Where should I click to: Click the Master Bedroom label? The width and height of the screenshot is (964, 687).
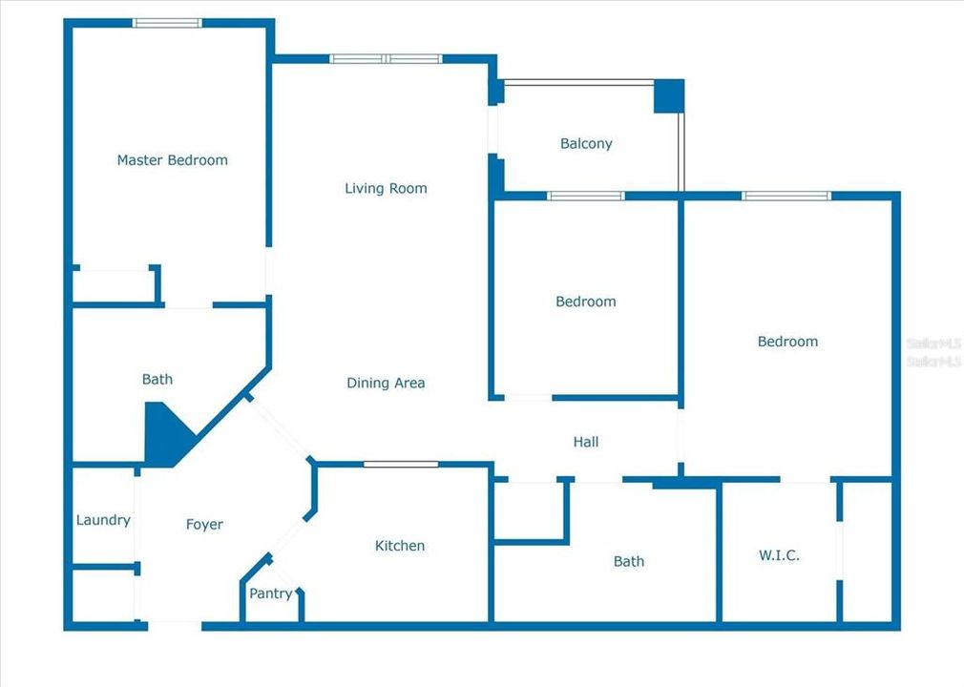tap(172, 160)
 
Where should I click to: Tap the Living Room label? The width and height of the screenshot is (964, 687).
tap(386, 189)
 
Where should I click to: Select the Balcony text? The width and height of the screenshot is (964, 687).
tap(586, 144)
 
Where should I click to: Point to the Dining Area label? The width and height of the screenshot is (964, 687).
tap(386, 384)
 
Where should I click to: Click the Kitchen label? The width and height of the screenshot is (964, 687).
tap(400, 546)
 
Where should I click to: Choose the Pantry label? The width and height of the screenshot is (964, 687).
tap(270, 593)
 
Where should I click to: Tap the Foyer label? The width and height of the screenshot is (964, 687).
tap(204, 524)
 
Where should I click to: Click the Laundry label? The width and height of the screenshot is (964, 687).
tap(103, 520)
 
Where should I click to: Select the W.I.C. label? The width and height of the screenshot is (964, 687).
tap(779, 555)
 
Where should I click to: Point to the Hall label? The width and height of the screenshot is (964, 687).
tap(586, 442)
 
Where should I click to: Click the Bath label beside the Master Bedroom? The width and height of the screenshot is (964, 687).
tap(157, 380)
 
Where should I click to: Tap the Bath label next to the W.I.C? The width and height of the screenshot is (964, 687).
tap(628, 561)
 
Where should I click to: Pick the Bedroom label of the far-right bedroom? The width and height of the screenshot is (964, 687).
tap(787, 342)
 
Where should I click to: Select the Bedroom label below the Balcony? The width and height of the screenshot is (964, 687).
tap(586, 302)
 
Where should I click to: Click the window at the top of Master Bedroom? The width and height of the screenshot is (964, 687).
tap(167, 22)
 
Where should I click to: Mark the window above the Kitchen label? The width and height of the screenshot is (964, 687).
tap(401, 465)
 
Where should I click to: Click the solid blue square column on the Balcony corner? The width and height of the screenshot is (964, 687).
tap(669, 96)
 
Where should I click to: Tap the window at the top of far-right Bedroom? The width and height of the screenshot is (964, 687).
tap(786, 196)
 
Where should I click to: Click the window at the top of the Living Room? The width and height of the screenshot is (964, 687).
tap(386, 59)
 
